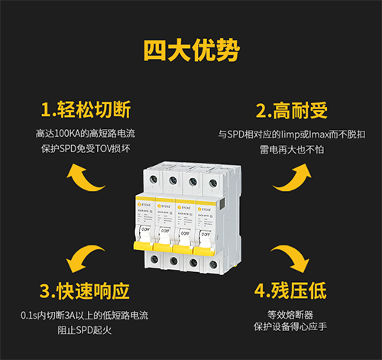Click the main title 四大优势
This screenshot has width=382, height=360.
tap(191, 50)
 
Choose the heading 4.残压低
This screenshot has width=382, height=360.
tap(290, 291)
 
